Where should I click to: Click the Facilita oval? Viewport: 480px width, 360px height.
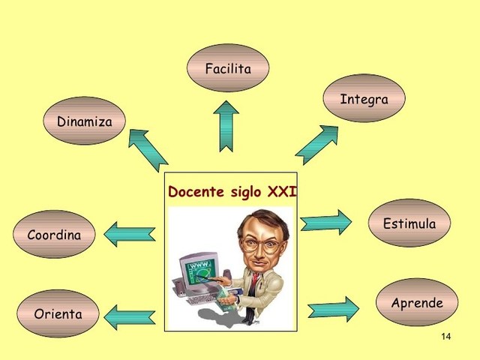tap(228, 68)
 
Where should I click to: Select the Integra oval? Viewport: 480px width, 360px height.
tap(364, 98)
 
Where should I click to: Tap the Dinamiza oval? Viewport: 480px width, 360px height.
tap(84, 121)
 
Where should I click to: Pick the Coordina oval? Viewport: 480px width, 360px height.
tap(54, 235)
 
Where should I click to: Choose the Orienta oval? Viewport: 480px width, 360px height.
tap(58, 313)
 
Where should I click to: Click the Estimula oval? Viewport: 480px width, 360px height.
tap(409, 223)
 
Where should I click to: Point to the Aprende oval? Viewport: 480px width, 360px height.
tap(417, 303)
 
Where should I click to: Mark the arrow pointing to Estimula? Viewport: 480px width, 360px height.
tap(325, 222)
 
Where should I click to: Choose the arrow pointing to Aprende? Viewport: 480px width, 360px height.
tap(333, 309)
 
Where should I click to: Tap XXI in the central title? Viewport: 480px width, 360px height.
tap(282, 192)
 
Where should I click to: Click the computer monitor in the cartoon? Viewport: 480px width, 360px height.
tap(198, 269)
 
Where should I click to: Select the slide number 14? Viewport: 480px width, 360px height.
tap(446, 336)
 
